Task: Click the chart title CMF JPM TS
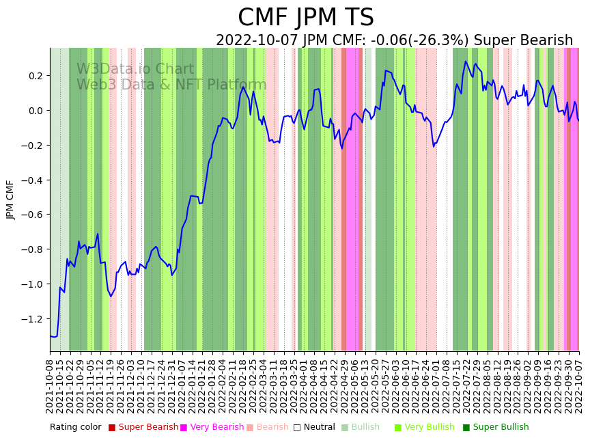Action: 305,18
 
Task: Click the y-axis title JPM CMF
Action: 10,200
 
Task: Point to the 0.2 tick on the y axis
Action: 35,76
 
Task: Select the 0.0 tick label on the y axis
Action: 35,111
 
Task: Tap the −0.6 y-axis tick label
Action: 32,215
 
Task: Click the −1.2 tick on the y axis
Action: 32,319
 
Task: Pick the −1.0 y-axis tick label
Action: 32,284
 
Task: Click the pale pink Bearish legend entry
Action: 272,428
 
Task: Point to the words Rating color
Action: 75,428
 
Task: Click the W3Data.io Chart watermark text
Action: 135,70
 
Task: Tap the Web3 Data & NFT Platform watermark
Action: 171,85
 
